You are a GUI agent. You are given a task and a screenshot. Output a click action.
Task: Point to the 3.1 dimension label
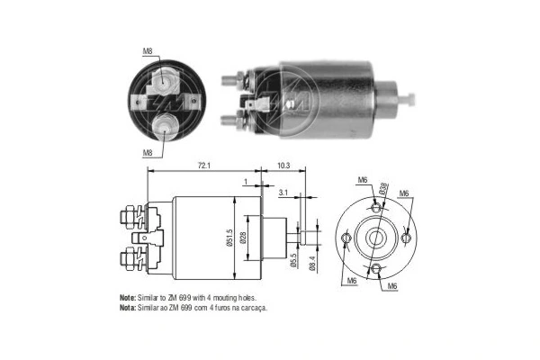[283, 193]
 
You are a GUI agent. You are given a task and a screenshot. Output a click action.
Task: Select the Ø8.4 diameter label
[312, 262]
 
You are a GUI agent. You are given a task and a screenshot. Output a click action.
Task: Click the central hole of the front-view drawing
[376, 238]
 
